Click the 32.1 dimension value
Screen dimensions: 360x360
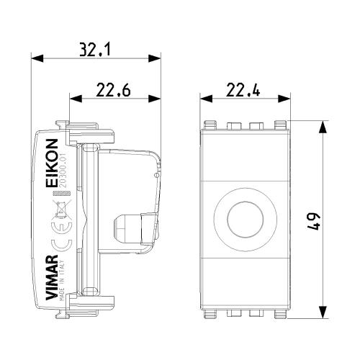pyautogui.click(x=95, y=50)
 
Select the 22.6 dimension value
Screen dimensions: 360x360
pyautogui.click(x=113, y=90)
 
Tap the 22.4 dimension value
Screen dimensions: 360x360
pyautogui.click(x=243, y=90)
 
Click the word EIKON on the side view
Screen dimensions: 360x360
pyautogui.click(x=52, y=163)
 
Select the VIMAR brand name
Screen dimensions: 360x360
pyautogui.click(x=52, y=277)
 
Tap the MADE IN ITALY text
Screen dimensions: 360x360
pyautogui.click(x=62, y=280)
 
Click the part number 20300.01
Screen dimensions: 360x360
pyautogui.click(x=63, y=171)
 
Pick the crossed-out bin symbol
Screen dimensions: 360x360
pyautogui.click(x=62, y=209)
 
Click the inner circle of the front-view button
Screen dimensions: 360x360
pyautogui.click(x=245, y=220)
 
